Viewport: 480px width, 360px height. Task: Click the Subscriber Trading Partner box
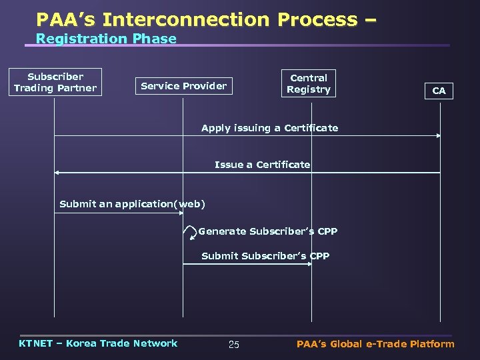click(x=55, y=82)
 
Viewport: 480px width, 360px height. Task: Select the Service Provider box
click(x=183, y=85)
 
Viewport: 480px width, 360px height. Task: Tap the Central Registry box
click(x=309, y=83)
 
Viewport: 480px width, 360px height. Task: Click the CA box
click(x=439, y=91)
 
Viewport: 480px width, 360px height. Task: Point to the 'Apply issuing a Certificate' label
click(x=269, y=128)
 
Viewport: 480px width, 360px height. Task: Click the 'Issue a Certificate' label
click(x=262, y=165)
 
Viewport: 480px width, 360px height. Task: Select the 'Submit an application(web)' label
click(x=132, y=204)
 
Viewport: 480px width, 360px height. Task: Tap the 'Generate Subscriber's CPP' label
click(x=268, y=231)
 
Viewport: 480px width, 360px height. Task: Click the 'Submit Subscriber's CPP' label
click(x=265, y=256)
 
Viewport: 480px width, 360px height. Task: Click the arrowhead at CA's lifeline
click(x=438, y=136)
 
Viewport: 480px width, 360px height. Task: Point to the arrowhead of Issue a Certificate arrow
click(x=57, y=173)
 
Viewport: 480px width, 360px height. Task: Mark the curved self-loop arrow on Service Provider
click(x=193, y=232)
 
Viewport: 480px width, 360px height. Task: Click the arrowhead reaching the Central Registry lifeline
click(x=309, y=264)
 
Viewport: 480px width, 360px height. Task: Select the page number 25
click(x=233, y=345)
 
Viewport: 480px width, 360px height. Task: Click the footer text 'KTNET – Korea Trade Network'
click(x=98, y=343)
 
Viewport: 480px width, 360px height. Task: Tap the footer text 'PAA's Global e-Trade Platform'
click(x=375, y=344)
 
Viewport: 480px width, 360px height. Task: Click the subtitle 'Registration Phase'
click(x=106, y=39)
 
